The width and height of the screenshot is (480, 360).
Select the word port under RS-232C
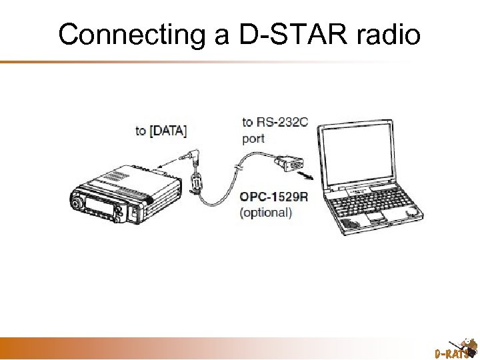253,139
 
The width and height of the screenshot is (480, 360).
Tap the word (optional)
265,213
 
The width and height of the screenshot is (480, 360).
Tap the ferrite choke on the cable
196,181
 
